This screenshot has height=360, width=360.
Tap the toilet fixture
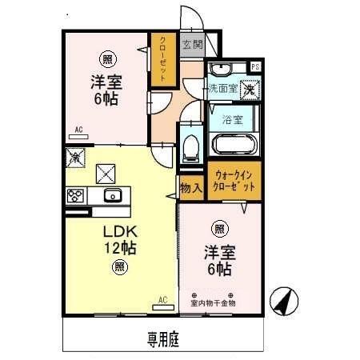point(190,146)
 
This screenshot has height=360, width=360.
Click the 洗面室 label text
point(222,89)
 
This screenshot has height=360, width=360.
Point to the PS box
point(255,66)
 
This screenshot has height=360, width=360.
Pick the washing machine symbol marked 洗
point(250,90)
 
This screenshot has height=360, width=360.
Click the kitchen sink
point(110,195)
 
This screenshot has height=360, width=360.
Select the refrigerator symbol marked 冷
point(75,158)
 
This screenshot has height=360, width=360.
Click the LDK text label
point(118,231)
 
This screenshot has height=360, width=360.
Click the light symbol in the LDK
point(118,266)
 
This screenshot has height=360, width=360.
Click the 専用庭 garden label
point(162,338)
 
